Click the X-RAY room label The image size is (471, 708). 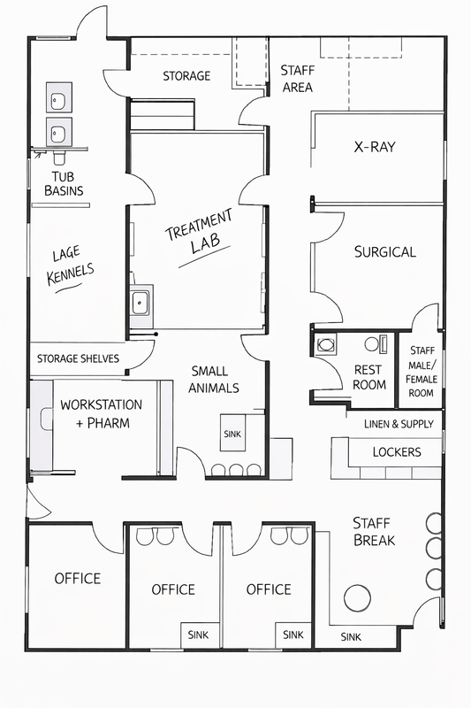375,147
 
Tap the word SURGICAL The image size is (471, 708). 385,251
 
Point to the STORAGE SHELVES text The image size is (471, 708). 78,358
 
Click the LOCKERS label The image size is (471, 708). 397,452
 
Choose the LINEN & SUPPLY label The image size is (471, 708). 399,424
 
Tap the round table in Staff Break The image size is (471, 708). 357,598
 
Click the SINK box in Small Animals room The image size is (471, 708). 232,433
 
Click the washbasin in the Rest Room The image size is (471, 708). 325,345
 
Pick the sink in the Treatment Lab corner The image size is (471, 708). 141,303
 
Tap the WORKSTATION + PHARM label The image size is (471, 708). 102,413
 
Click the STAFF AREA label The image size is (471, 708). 298,79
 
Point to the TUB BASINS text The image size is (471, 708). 64,183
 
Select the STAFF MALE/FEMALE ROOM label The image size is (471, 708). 422,371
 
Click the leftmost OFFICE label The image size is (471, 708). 78,579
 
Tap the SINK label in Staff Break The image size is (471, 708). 351,636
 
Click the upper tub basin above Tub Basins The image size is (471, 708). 58,97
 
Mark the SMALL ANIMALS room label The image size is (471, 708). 214,380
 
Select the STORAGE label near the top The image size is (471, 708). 186,76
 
